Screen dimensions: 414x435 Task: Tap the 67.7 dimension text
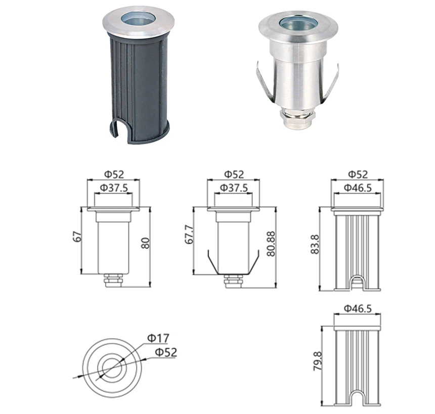190,235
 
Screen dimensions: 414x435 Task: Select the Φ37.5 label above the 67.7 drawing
233,188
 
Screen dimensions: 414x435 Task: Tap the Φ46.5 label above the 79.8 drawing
357,307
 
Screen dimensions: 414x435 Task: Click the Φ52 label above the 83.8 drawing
357,174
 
